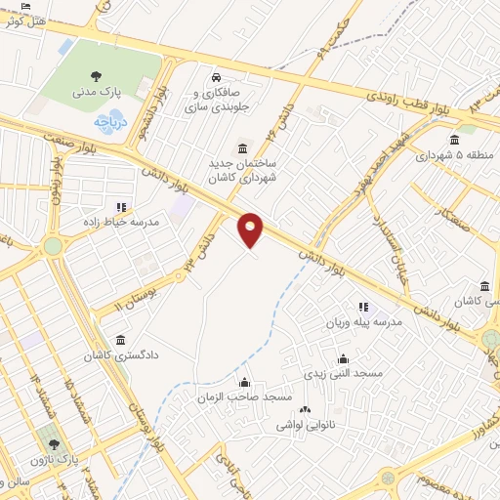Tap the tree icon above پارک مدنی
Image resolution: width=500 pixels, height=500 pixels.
[96, 75]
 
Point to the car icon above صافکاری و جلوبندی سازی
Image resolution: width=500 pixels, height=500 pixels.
[215, 77]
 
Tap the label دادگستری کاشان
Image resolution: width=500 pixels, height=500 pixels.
[121, 357]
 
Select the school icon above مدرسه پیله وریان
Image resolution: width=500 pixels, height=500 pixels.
[363, 308]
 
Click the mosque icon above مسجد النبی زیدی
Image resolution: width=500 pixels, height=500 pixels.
[341, 357]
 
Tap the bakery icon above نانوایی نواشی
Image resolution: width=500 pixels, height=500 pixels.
[305, 411]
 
